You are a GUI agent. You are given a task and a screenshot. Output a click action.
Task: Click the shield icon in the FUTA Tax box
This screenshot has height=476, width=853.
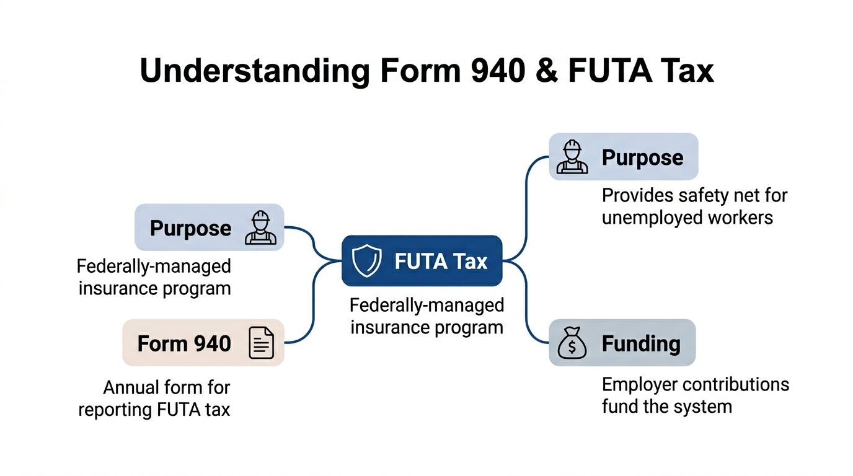366,262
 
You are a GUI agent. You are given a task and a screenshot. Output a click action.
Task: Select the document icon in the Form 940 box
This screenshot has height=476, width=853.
261,343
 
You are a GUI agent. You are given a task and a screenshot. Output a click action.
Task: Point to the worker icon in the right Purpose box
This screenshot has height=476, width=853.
571,157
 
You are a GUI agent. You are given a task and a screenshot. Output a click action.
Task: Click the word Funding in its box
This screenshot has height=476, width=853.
641,343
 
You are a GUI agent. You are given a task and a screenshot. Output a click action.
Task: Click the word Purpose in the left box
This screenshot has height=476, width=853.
190,228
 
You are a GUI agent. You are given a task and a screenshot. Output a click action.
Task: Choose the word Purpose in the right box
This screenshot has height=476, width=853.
642,157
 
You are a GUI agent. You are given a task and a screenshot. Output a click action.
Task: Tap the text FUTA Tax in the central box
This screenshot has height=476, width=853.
441,262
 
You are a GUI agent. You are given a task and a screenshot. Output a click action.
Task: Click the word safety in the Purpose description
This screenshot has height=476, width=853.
702,196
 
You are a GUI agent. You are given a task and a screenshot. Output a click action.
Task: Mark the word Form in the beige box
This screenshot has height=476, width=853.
162,343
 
